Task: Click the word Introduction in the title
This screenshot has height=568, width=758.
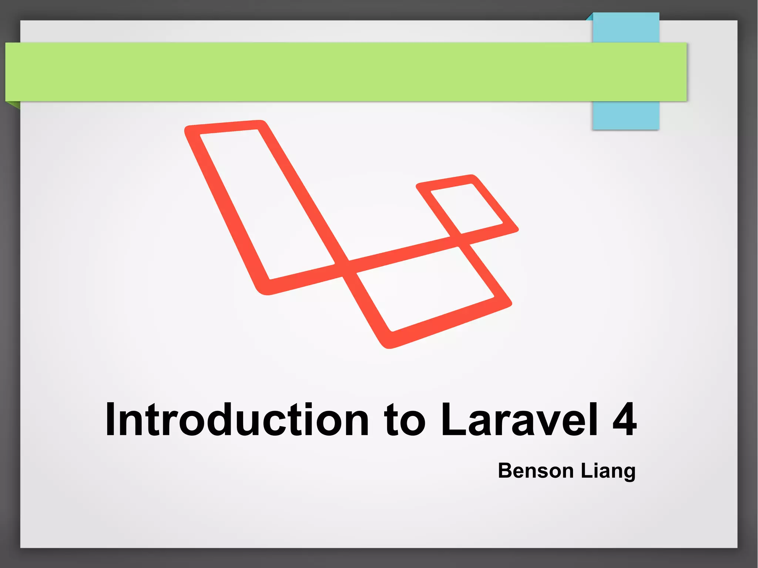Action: coord(237,420)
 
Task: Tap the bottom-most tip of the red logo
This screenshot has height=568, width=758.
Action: coord(387,347)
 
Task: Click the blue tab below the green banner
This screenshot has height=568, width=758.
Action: coord(625,115)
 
